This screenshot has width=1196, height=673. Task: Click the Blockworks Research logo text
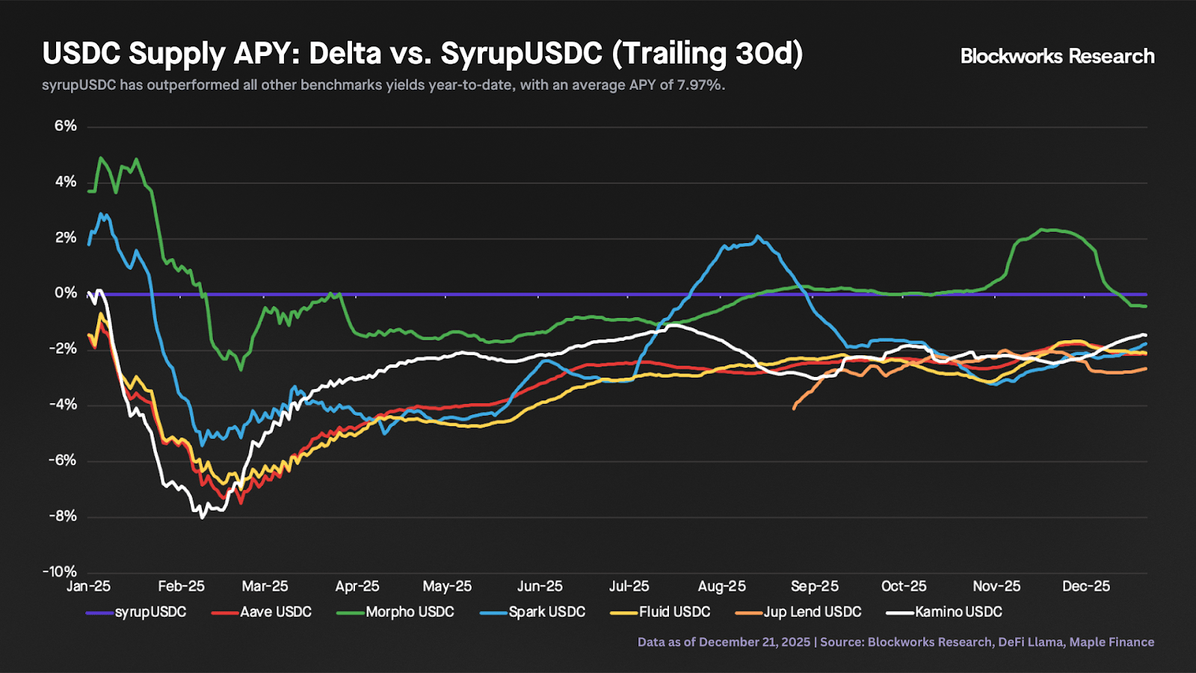[1057, 56]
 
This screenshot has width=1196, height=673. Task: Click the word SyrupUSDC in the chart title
[521, 54]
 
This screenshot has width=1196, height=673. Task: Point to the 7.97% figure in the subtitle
[700, 85]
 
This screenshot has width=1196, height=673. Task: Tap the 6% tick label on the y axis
[65, 126]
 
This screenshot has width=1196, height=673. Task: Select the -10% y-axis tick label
[60, 572]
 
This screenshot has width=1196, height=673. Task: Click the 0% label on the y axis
[65, 293]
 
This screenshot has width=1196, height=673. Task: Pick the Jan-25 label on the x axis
[88, 586]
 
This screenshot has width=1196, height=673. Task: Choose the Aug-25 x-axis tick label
[721, 586]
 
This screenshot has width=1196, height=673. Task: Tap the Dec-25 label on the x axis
[1086, 586]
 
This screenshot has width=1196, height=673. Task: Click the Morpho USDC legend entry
[396, 612]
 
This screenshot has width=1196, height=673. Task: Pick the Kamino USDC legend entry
[945, 612]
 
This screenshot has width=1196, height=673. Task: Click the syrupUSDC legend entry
[137, 612]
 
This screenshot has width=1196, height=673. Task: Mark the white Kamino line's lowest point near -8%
[202, 517]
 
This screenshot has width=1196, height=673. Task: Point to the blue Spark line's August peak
[758, 237]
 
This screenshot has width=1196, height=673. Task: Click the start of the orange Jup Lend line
[794, 408]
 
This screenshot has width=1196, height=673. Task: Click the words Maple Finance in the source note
[1112, 642]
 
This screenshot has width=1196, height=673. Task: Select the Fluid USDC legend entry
[661, 612]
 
